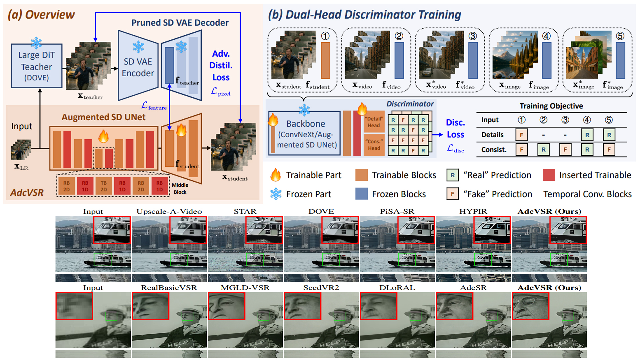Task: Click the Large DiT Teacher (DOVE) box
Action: click(x=36, y=66)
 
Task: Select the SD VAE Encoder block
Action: click(x=138, y=67)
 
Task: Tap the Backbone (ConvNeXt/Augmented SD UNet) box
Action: click(x=306, y=134)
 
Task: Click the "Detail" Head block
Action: click(x=374, y=122)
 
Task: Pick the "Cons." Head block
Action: click(x=374, y=145)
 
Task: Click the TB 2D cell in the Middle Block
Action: click(x=104, y=186)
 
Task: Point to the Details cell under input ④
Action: click(x=587, y=135)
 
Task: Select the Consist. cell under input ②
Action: click(x=543, y=150)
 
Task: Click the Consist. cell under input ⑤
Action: click(x=609, y=150)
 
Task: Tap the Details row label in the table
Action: click(x=492, y=135)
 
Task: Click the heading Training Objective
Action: click(x=551, y=106)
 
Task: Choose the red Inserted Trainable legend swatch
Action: click(x=549, y=175)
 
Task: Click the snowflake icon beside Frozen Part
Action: click(x=276, y=194)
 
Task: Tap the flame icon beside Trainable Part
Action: click(x=276, y=175)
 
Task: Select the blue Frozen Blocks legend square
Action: click(x=361, y=194)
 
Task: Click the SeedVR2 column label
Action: click(x=321, y=288)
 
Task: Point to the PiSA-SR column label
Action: click(x=397, y=211)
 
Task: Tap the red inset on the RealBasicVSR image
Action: click(x=151, y=306)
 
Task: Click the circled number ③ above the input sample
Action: click(x=472, y=36)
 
